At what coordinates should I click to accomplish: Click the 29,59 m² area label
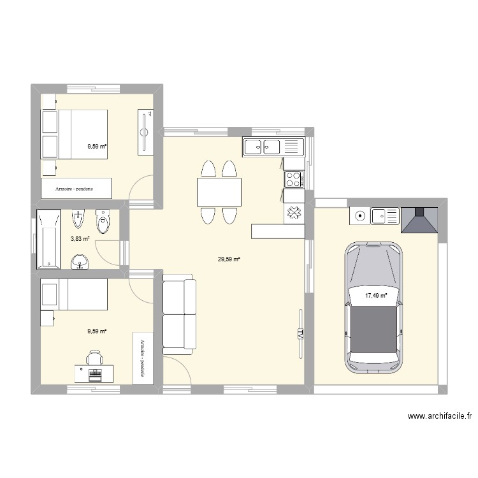point(229,259)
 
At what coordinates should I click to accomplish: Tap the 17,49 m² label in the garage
point(375,295)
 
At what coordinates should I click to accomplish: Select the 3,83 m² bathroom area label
point(80,239)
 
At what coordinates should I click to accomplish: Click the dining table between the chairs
point(219,192)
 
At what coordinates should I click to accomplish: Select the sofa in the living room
point(179,315)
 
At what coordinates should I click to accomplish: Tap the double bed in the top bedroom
point(75,134)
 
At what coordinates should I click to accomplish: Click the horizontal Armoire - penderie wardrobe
point(76,188)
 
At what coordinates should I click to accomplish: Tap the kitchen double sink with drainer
point(272,147)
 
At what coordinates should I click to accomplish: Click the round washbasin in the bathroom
point(79,261)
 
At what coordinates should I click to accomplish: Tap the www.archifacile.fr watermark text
point(440,417)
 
